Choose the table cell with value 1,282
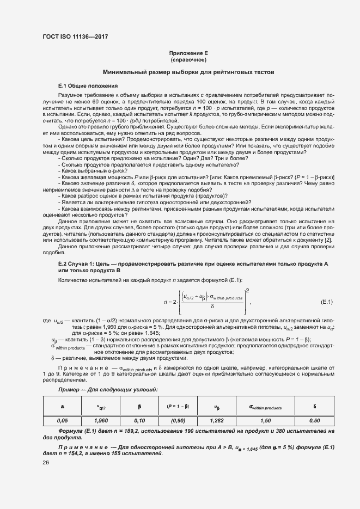[x=217, y=420]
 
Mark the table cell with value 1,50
[x=265, y=420]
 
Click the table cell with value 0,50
[x=314, y=420]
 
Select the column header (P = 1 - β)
[x=178, y=406]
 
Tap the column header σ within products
[x=265, y=407]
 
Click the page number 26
[x=46, y=463]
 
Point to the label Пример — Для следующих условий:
[x=108, y=390]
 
